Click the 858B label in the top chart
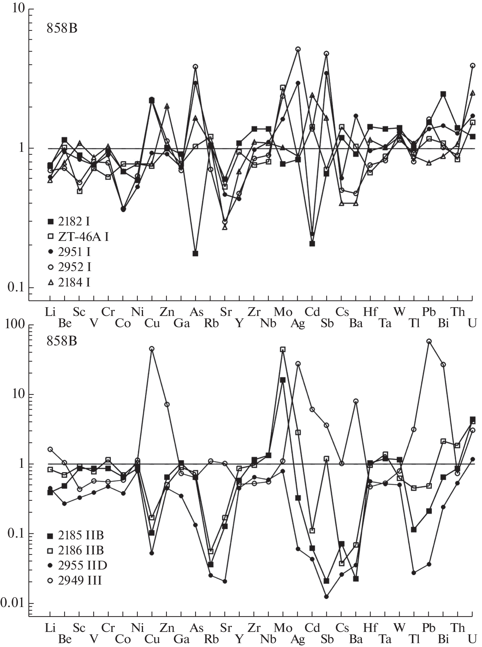pyautogui.click(x=62, y=28)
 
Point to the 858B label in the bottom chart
pyautogui.click(x=62, y=341)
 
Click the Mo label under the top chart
pyautogui.click(x=283, y=312)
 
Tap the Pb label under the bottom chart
pyautogui.click(x=429, y=627)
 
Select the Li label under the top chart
pyautogui.click(x=50, y=312)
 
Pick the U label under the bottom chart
pyautogui.click(x=473, y=639)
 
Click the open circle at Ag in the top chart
pyautogui.click(x=298, y=49)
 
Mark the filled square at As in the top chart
pyautogui.click(x=196, y=254)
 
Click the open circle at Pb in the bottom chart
pyautogui.click(x=429, y=341)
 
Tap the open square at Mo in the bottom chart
pyautogui.click(x=283, y=349)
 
